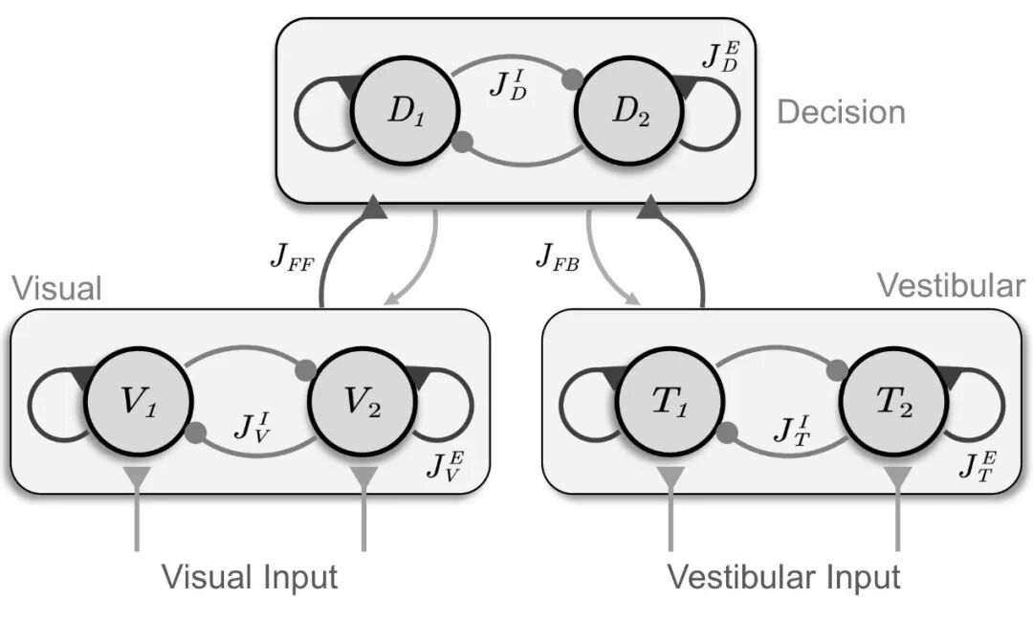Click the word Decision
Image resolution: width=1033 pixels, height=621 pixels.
point(841,112)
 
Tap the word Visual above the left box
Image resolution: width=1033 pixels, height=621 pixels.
point(56,288)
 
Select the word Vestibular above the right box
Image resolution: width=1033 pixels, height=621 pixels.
point(950,286)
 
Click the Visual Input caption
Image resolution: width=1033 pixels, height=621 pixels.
point(250,577)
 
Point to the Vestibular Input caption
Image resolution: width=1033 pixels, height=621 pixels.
point(783,577)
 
